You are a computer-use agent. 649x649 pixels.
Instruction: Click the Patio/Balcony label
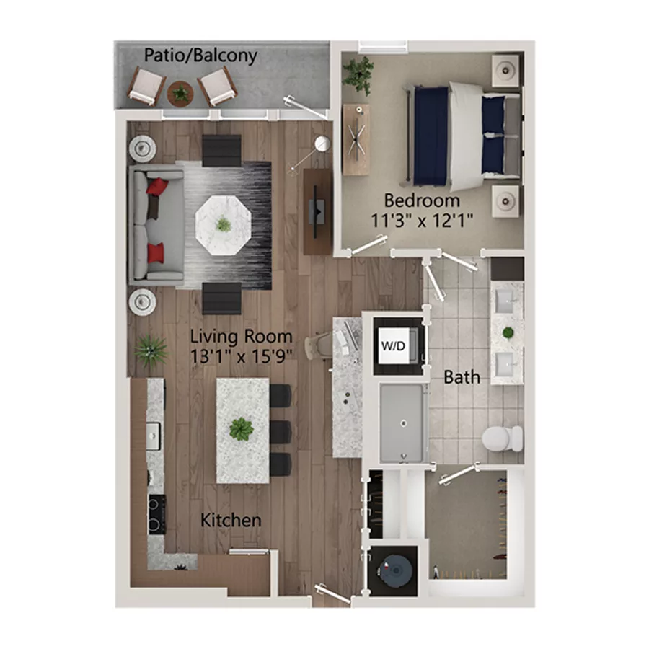click(200, 56)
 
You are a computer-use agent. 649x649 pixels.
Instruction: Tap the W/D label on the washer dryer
click(392, 345)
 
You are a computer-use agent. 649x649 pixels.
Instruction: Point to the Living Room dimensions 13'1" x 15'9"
click(241, 355)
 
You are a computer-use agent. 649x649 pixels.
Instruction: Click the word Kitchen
click(231, 520)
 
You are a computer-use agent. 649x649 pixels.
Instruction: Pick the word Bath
click(462, 376)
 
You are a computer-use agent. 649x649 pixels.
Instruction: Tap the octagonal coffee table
click(224, 224)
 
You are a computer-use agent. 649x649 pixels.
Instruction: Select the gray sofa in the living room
click(155, 224)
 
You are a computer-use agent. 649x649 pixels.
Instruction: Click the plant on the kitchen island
click(242, 430)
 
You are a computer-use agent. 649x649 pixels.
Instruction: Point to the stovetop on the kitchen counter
click(156, 513)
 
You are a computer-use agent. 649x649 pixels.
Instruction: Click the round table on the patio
click(180, 92)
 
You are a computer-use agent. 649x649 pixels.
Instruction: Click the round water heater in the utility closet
click(394, 568)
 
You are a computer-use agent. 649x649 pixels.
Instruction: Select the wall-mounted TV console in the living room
click(317, 211)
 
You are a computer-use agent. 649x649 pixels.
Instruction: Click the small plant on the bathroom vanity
click(508, 333)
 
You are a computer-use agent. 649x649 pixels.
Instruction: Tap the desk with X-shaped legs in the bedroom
click(356, 139)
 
